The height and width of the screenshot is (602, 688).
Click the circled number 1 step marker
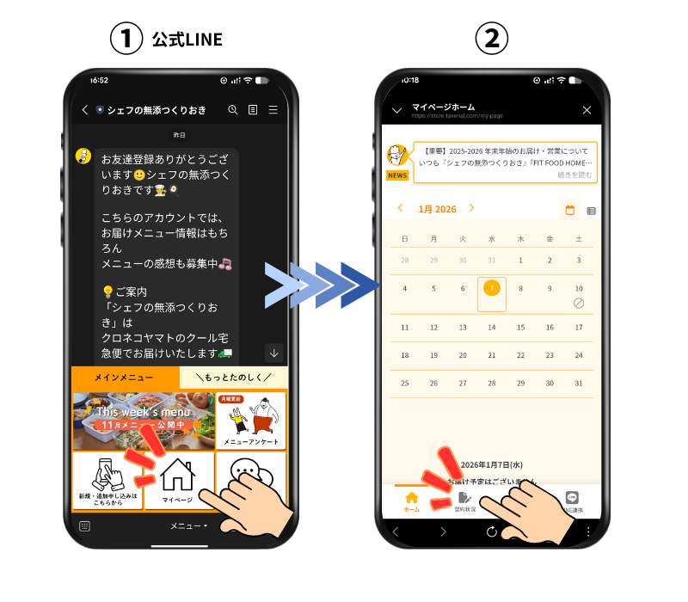click(126, 38)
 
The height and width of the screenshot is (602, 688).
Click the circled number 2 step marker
click(493, 38)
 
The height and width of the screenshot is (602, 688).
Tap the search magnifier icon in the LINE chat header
click(232, 110)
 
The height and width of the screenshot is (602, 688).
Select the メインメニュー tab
click(125, 378)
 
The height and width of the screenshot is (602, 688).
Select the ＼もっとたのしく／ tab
click(234, 378)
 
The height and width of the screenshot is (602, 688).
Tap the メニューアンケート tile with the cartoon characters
click(251, 421)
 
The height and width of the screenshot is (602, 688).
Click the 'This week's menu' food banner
click(144, 421)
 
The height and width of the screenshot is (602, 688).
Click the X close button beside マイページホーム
click(587, 110)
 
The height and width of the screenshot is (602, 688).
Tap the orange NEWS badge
click(397, 175)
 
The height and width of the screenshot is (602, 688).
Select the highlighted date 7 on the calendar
click(491, 288)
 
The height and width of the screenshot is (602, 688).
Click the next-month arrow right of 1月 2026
click(471, 208)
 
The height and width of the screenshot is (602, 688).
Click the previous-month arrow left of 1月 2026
click(400, 208)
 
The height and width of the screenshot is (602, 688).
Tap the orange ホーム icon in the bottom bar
click(411, 498)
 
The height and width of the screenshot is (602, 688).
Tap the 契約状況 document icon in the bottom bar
click(464, 498)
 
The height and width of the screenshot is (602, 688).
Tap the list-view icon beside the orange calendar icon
click(591, 210)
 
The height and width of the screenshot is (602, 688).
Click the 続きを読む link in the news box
click(574, 175)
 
